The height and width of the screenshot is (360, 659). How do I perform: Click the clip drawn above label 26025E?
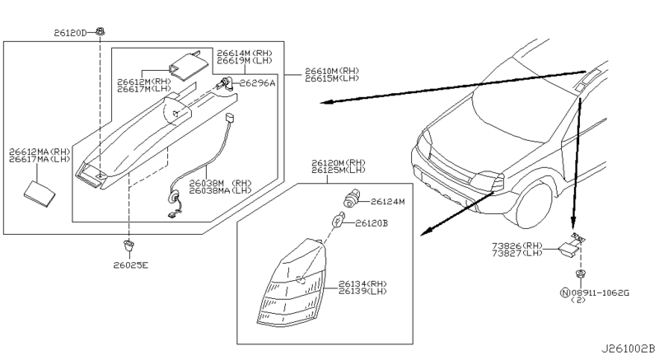tap(129, 245)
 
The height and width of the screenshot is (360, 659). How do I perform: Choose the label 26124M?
tap(390, 200)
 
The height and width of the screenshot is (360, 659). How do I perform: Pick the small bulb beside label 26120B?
tap(338, 221)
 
